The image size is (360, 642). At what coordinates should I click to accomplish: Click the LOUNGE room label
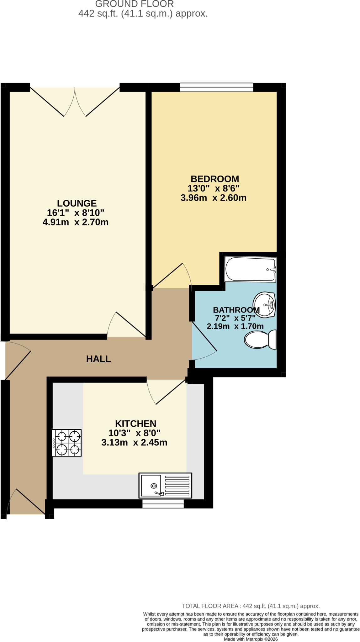77,203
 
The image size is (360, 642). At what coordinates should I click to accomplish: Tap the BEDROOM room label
215,179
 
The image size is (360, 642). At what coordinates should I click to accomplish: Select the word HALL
98,359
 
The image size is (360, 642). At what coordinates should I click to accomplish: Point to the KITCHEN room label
135,424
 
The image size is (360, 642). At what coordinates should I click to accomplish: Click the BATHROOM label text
236,310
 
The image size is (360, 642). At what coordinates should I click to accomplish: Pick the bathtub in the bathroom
250,269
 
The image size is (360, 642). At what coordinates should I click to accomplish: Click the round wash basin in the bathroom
264,304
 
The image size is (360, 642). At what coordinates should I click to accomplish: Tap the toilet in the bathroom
260,339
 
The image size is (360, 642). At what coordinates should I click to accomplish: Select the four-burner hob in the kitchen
67,443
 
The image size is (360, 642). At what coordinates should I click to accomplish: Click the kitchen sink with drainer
165,486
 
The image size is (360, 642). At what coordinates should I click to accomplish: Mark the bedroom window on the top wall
217,87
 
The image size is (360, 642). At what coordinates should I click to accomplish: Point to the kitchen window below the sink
163,504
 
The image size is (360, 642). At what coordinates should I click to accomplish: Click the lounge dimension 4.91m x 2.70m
76,222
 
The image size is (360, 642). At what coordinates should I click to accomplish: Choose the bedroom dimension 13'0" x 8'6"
214,188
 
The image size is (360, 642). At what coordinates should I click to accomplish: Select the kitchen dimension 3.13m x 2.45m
134,443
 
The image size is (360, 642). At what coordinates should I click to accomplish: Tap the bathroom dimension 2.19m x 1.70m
235,326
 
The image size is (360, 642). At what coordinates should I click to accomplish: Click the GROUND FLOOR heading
135,4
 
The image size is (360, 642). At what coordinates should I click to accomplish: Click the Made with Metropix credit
251,639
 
